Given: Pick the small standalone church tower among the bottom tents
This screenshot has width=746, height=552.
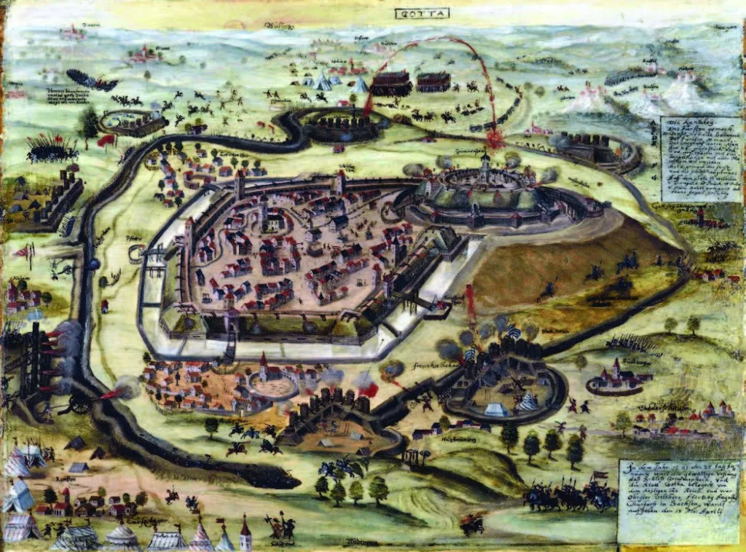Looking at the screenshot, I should point(246,534).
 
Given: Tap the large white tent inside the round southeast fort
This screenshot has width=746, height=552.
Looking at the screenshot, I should point(498,409).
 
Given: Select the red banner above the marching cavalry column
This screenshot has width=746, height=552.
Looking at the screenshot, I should point(599,476).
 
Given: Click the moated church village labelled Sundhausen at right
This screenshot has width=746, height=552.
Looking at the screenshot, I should point(613,377).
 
